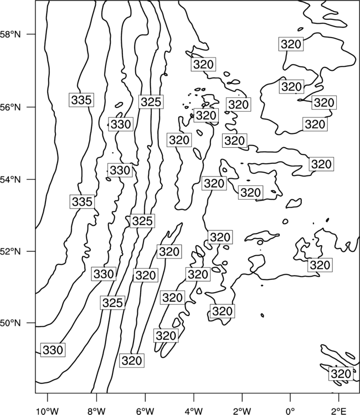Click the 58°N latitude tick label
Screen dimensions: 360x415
(x=11, y=34)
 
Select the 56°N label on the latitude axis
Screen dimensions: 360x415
(x=11, y=107)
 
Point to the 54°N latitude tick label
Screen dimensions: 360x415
(x=11, y=179)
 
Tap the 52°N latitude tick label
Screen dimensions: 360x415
(x=11, y=251)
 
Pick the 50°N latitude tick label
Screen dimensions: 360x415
(x=11, y=323)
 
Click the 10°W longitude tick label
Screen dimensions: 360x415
(x=48, y=411)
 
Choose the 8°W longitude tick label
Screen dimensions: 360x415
(x=96, y=411)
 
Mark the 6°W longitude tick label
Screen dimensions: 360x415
(x=145, y=411)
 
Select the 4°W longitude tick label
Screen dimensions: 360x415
(x=194, y=411)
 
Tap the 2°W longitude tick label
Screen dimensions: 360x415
(x=242, y=411)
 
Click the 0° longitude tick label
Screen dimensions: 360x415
(x=290, y=411)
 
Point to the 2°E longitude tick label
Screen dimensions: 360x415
(x=339, y=411)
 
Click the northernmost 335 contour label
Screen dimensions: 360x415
(x=81, y=100)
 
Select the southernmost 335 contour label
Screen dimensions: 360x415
(x=82, y=201)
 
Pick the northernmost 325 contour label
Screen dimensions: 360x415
(x=151, y=102)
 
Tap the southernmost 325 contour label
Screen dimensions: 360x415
(x=112, y=303)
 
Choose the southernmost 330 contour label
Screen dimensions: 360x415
(x=53, y=350)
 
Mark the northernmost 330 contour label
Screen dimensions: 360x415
(x=121, y=124)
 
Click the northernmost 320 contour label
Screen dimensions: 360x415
(x=291, y=44)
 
